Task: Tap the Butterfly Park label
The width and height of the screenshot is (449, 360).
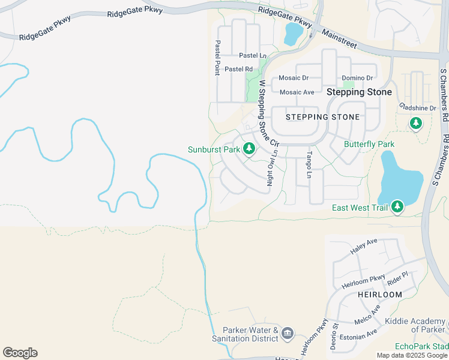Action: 369,145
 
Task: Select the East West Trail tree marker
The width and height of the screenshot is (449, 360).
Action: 396,208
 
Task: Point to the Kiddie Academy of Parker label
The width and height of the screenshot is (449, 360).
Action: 415,325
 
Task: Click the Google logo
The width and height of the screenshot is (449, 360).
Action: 20,353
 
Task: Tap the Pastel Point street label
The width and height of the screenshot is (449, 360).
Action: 217,58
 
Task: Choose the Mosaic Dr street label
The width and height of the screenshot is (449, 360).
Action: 294,78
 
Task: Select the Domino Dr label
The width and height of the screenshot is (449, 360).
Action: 357,78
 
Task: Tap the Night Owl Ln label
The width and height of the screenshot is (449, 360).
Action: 274,170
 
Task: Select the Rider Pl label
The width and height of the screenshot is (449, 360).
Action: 397,277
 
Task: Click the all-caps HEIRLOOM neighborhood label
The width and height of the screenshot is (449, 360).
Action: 379,295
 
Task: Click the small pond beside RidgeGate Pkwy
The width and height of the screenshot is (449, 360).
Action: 293,34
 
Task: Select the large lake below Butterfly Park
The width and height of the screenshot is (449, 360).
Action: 400,178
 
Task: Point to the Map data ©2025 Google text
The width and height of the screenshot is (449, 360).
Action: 411,355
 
